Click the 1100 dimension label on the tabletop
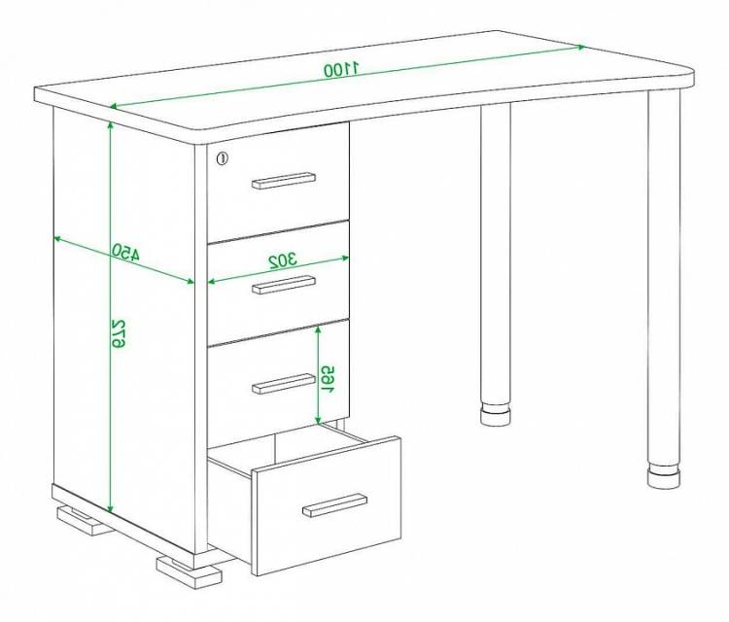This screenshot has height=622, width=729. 342,70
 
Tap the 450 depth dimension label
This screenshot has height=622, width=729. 125,252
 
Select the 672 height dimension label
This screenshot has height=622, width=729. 118,333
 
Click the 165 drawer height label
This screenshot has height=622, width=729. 328,379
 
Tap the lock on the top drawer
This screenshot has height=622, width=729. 223,158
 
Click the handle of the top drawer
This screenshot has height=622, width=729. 284,181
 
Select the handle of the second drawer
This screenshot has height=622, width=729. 284,285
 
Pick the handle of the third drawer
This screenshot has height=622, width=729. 284,384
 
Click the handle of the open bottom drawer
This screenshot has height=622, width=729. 334,504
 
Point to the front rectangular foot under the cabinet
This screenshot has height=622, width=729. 189,570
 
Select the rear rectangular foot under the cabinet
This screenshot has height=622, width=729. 84,521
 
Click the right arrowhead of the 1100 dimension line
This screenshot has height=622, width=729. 581,47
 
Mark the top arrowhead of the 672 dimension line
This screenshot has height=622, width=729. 110,125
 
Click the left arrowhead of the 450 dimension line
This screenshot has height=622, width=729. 57,239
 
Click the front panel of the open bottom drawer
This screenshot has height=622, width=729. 327,505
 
